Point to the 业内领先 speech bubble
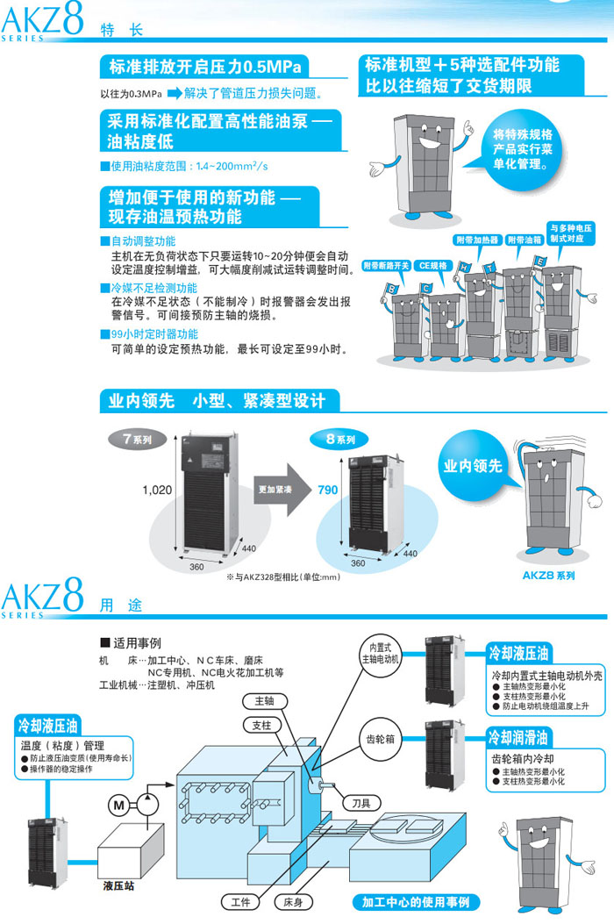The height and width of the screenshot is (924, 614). click(x=474, y=466)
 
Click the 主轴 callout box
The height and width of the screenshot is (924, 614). click(x=265, y=701)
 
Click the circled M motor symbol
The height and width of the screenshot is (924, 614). click(x=118, y=803)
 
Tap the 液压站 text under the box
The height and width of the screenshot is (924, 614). click(x=118, y=886)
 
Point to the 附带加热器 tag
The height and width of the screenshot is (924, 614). click(x=477, y=240)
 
